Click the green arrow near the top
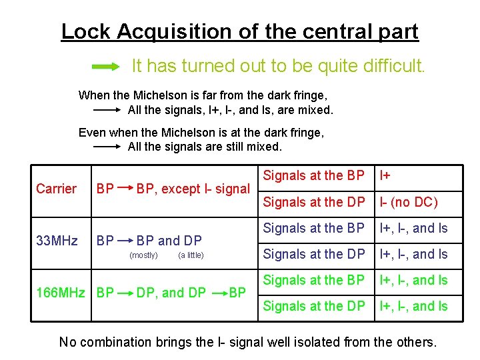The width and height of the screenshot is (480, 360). pos(105,66)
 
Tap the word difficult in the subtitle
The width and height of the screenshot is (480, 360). pos(393,66)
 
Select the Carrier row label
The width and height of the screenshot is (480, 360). pos(56,189)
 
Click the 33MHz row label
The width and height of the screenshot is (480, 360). pos(56,240)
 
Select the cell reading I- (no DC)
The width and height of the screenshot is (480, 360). pos(409,202)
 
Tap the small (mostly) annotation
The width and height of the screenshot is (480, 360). pos(143,255)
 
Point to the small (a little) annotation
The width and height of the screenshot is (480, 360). pos(191,255)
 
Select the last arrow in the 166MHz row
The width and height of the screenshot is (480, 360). pos(219,292)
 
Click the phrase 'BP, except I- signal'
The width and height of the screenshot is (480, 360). pos(193,189)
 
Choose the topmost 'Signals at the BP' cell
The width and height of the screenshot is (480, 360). pos(313,176)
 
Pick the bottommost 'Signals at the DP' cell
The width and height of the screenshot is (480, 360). pos(313,306)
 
